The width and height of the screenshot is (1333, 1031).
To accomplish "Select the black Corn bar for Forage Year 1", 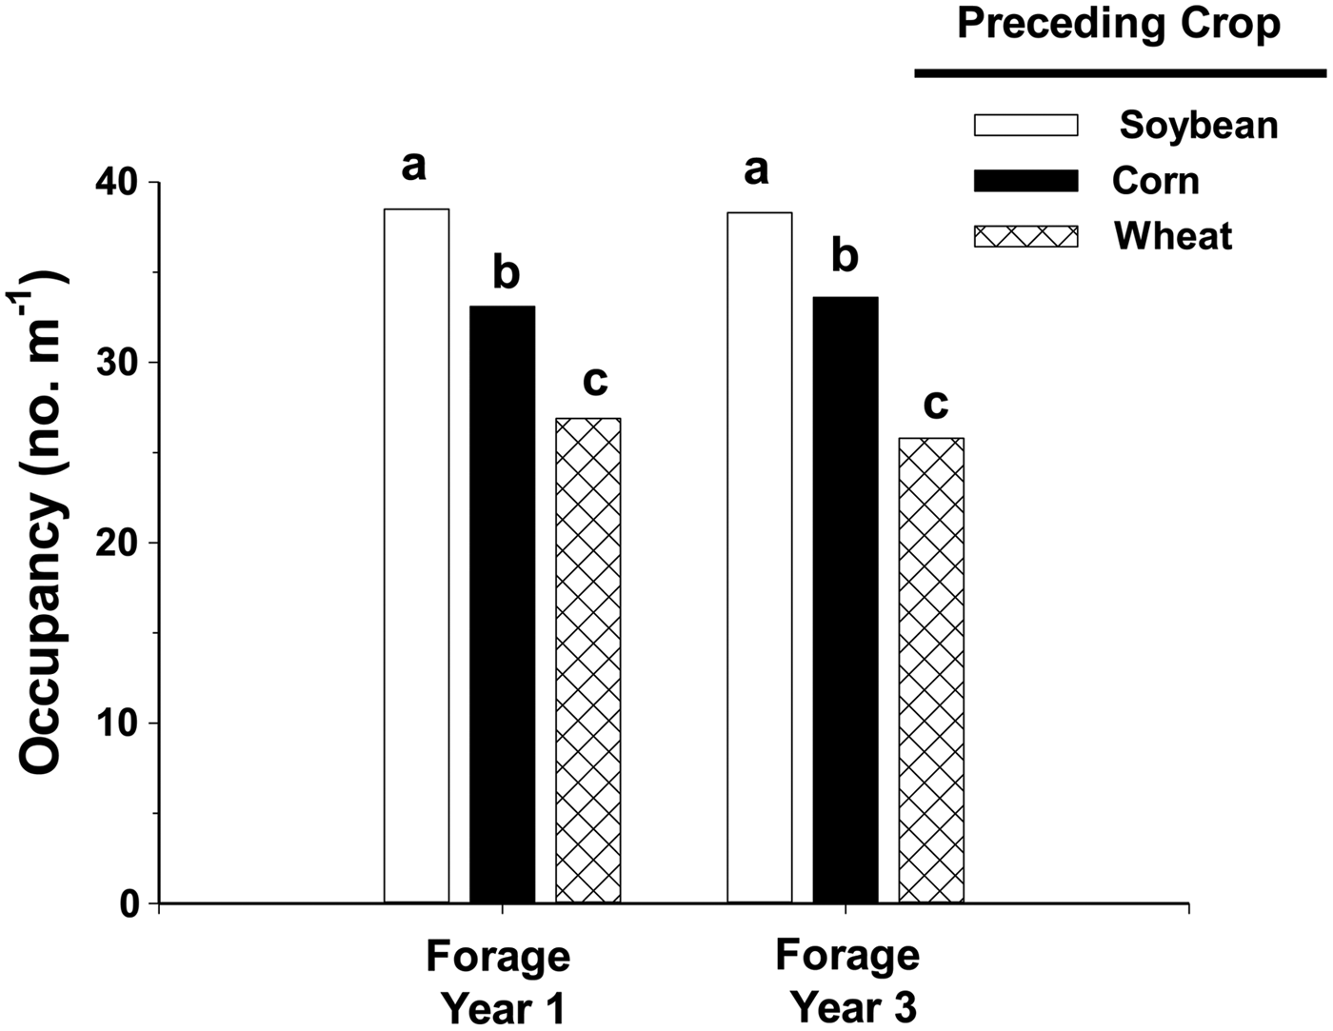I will click(502, 604).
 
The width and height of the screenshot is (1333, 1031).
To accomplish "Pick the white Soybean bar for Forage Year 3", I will click(759, 557).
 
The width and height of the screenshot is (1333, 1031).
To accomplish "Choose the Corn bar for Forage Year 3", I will click(845, 600).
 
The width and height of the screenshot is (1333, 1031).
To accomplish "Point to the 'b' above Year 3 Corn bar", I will click(845, 256).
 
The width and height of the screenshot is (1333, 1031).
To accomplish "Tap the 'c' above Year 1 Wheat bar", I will click(594, 380).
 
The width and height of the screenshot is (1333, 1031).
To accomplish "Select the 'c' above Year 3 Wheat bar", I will click(936, 404).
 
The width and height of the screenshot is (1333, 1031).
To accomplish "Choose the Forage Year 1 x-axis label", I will click(498, 981).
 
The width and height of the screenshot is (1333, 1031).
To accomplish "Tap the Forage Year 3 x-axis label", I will click(847, 981).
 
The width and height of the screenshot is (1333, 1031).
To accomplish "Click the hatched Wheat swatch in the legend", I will click(1025, 236).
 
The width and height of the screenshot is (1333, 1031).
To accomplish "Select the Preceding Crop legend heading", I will click(1119, 24).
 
